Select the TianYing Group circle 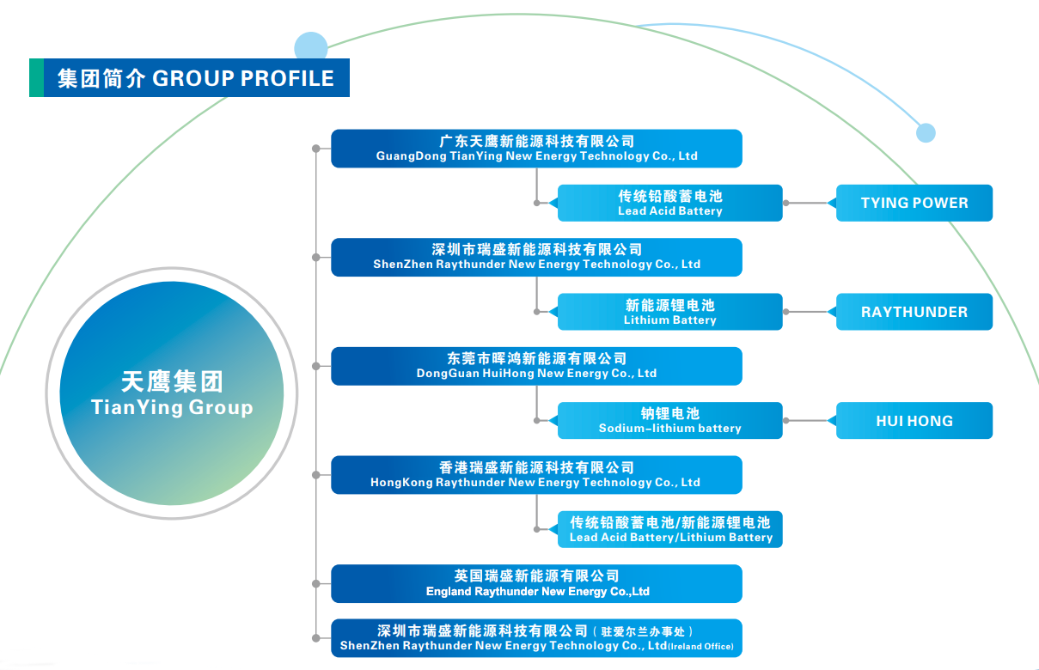coord(171,394)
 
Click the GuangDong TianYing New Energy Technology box coord(536,149)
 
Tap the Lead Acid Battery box coord(670,203)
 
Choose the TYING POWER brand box coord(914,203)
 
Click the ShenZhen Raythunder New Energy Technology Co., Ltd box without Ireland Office coord(536,257)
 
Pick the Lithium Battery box coord(670,312)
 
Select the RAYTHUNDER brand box coord(914,312)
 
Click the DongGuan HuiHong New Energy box coord(536,366)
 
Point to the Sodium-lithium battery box coord(670,420)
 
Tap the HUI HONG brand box coord(914,421)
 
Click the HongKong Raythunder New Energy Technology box coord(536,475)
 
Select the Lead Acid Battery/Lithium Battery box coord(670,529)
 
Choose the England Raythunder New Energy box coord(536,583)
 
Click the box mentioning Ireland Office coord(536,638)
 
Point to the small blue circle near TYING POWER coord(926,133)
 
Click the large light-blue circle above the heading coord(310,48)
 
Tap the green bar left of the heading coord(36,78)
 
